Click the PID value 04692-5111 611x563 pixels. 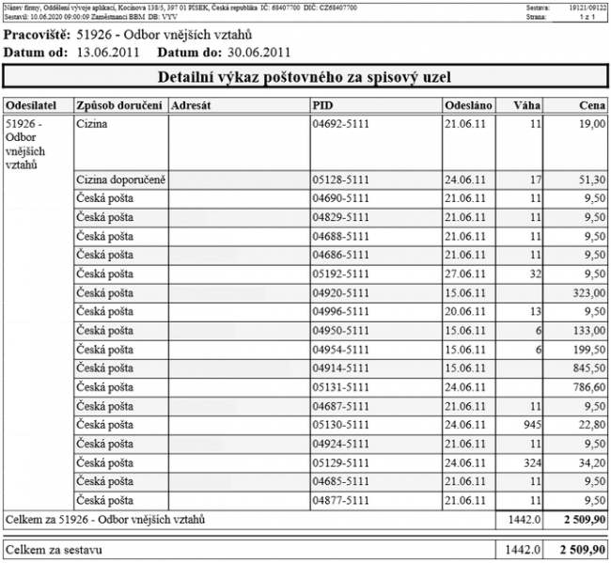(340, 124)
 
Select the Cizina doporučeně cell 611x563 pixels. (121, 180)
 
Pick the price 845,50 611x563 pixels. (587, 368)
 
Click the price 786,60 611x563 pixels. (587, 386)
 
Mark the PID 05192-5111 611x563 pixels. (340, 274)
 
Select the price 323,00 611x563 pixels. (587, 292)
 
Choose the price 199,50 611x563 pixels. (587, 349)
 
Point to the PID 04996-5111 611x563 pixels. (340, 311)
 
